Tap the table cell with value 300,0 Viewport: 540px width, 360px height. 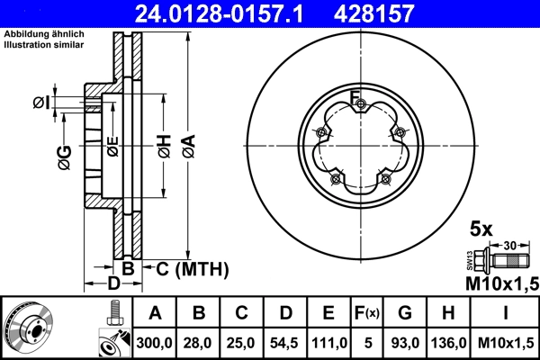156,342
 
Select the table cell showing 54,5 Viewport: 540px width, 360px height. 285,342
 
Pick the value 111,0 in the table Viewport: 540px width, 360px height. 328,342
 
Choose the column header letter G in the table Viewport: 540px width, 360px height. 406,313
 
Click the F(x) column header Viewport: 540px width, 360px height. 368,313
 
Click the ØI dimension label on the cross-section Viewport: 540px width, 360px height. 41,103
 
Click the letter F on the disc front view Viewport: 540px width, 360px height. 355,97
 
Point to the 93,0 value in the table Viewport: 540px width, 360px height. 406,342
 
